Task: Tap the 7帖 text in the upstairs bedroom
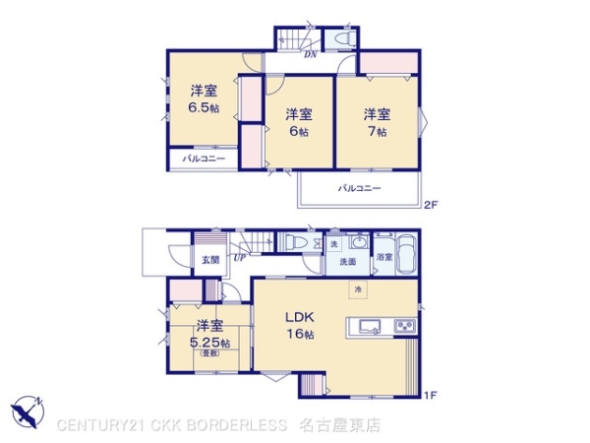point(379,130)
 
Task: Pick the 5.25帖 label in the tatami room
point(210,343)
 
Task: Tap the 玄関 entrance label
point(210,260)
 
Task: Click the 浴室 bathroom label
point(383,257)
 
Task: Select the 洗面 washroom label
point(347,263)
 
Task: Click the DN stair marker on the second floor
point(310,55)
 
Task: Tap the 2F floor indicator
point(430,206)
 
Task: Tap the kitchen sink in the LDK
point(369,327)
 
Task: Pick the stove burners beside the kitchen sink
point(405,327)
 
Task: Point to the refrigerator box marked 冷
point(358,287)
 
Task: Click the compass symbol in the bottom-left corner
point(29,411)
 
